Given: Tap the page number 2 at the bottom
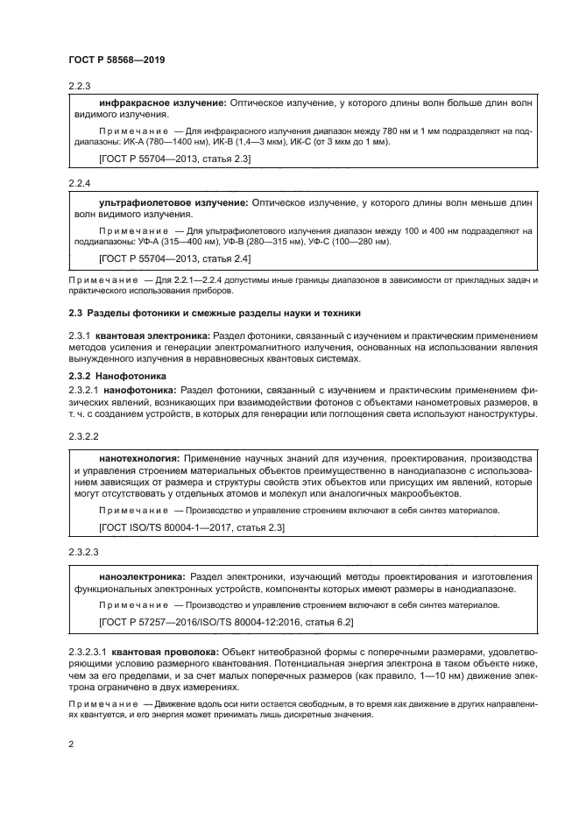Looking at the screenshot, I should (71, 744).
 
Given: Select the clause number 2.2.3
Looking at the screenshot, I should (79, 86).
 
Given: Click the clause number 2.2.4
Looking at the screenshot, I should (79, 185).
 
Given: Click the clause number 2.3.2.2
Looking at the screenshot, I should (84, 434).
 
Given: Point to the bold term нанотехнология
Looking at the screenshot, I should (139, 457).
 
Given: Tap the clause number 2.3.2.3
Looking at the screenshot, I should (84, 553).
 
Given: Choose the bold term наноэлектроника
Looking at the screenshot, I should (141, 576).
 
